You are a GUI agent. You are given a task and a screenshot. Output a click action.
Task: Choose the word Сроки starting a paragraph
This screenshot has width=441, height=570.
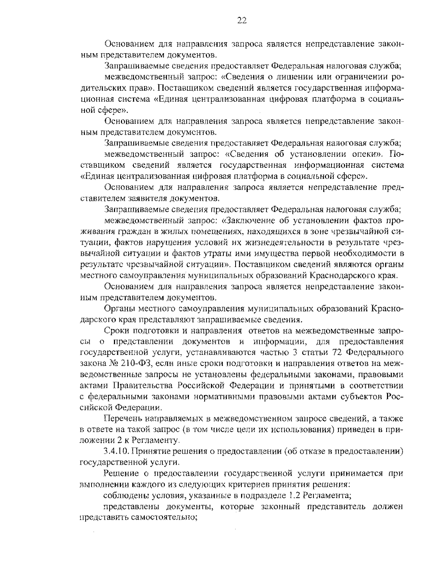(114, 331)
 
